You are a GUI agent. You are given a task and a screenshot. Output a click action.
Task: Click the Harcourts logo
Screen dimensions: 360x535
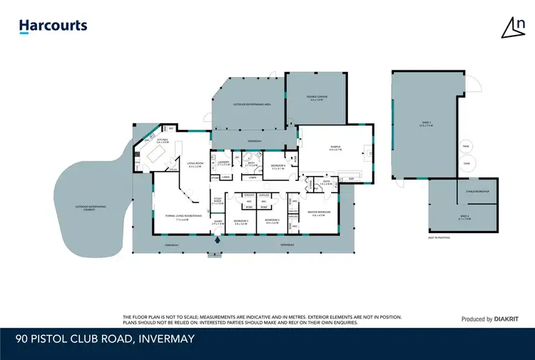53,26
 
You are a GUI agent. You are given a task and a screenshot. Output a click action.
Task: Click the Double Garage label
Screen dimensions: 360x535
317,99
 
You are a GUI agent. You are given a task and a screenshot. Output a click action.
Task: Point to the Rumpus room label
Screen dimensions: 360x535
335,149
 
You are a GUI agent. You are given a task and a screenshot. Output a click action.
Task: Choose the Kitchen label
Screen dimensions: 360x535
162,140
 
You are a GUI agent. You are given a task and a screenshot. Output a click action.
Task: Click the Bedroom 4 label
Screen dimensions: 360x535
278,165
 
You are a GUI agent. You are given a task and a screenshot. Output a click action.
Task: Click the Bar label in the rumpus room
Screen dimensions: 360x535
350,179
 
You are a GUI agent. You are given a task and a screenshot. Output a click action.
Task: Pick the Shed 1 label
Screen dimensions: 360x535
426,124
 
